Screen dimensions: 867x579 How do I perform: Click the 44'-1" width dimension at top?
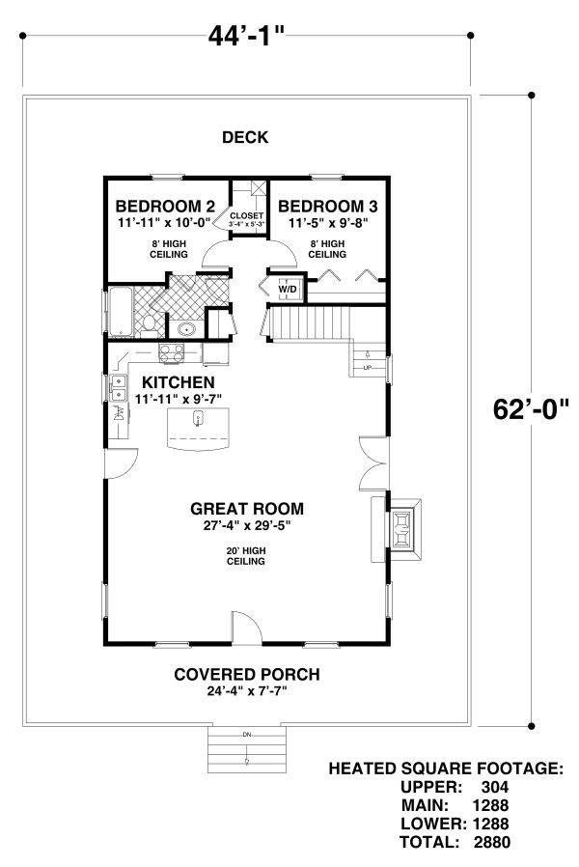[x=245, y=37]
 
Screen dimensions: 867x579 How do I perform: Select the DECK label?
[x=245, y=138]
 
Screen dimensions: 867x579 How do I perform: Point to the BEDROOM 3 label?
[x=328, y=206]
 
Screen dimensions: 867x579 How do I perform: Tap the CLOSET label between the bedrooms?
[x=246, y=215]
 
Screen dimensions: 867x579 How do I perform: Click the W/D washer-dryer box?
[x=288, y=289]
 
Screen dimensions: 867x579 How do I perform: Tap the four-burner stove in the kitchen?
[x=172, y=353]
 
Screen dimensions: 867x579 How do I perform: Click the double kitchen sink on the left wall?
[x=117, y=389]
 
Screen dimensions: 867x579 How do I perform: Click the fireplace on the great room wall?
[x=402, y=529]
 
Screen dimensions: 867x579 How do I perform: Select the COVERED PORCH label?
[x=246, y=674]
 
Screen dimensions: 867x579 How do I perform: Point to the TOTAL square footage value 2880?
[x=491, y=842]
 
